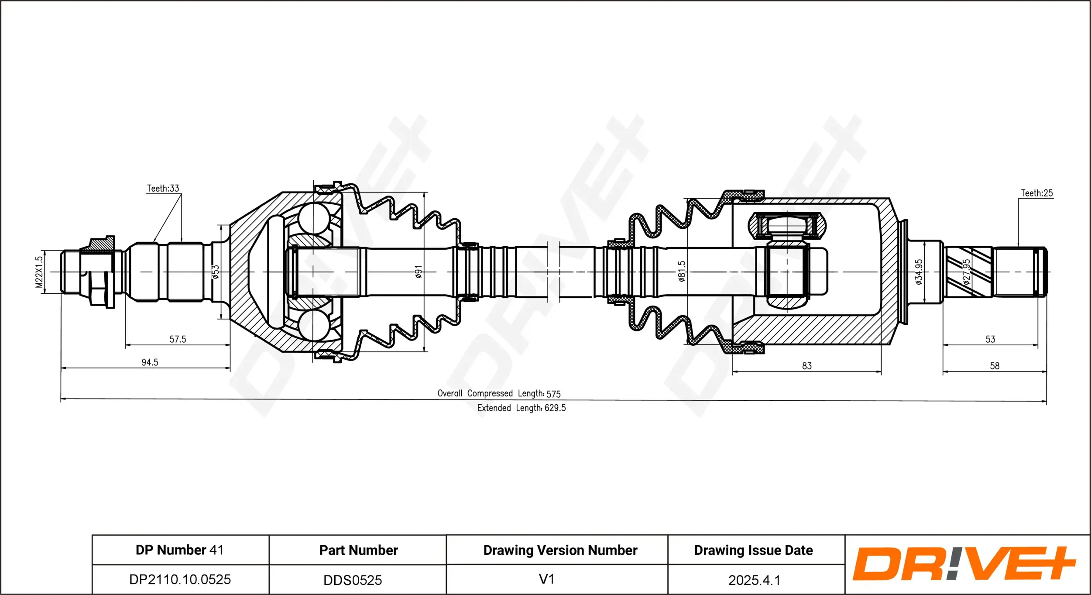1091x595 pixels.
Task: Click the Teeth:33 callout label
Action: coord(163,188)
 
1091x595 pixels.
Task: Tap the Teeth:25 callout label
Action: coord(1036,193)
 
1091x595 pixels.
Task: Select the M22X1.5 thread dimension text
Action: coord(39,272)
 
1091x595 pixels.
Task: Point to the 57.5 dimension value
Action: coord(178,339)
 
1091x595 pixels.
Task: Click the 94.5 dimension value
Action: coord(150,362)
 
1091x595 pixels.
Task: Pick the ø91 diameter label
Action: coord(419,272)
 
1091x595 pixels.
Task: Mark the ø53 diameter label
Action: coord(216,272)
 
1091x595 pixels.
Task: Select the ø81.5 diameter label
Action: coord(682,271)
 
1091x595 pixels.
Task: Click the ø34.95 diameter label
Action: coord(919,272)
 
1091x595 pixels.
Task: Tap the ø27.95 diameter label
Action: coord(967,272)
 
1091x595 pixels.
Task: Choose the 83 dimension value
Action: coord(807,366)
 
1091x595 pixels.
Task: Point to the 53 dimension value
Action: coord(990,339)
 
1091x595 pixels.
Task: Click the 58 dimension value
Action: coord(995,366)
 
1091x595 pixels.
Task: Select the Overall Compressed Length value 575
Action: coord(553,394)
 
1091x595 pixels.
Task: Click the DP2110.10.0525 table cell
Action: coord(180,579)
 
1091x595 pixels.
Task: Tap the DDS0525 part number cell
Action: coord(353,580)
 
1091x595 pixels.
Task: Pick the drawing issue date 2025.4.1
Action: coord(754,580)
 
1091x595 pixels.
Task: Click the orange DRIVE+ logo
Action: coord(964,564)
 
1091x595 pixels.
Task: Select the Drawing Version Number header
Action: coord(560,550)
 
